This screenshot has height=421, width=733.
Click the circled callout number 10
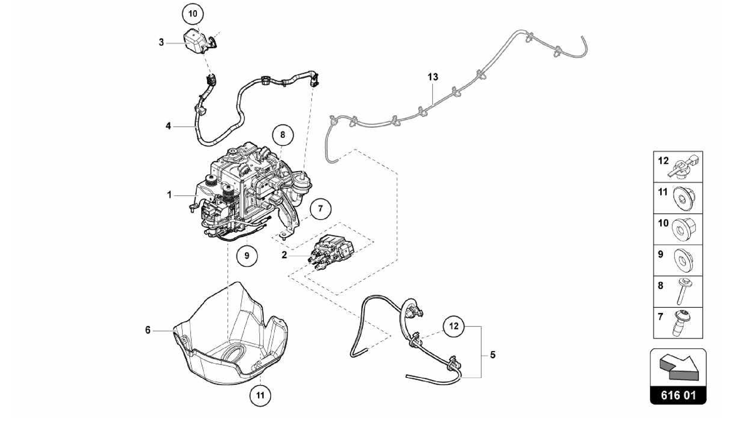point(193,14)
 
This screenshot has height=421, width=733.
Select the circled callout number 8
point(283,135)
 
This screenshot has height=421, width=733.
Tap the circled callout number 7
point(320,208)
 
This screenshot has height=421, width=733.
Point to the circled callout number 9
point(247,256)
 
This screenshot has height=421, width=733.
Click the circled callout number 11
point(260,395)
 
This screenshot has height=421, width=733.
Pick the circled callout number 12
point(453,326)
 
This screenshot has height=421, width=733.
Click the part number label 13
point(433,77)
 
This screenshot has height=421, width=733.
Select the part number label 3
point(161,43)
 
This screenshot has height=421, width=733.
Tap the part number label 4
point(168,126)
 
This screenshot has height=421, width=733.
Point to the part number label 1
point(169,195)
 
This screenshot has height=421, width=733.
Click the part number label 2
point(284,255)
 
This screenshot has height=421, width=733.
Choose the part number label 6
point(148,330)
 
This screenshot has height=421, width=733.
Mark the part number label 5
point(493,355)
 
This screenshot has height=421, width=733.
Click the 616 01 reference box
point(678,396)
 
